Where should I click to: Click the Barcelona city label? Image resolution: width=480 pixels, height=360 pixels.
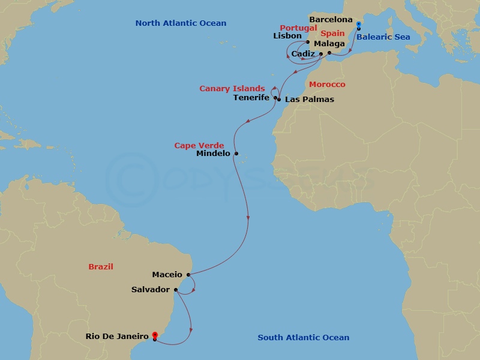331,20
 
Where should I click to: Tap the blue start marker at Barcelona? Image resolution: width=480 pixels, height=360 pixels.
358,25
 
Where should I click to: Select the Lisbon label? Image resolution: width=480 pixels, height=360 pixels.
287,36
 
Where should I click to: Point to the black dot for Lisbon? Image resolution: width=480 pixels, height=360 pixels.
308,42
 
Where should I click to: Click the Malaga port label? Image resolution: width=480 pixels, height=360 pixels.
329,44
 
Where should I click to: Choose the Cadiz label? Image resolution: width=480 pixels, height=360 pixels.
303,54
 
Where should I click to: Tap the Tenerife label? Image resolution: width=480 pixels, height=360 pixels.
251,97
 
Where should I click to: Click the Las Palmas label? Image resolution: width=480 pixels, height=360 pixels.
310,99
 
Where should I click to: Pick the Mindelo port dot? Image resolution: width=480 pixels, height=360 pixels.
236,154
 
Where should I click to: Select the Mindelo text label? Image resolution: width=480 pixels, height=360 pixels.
214,154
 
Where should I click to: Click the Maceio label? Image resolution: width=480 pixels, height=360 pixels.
167,275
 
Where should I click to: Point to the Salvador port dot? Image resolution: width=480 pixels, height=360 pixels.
175,290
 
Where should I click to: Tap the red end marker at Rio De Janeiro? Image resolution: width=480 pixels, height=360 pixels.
155,335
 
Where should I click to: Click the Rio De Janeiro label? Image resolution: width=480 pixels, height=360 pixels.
118,337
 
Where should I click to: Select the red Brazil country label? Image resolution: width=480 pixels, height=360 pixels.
101,266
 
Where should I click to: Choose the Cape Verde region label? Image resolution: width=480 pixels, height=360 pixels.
199,145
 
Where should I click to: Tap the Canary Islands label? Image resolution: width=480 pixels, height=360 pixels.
232,89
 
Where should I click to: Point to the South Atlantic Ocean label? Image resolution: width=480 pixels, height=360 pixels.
304,338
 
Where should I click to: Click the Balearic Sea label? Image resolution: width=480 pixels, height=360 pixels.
383,37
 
